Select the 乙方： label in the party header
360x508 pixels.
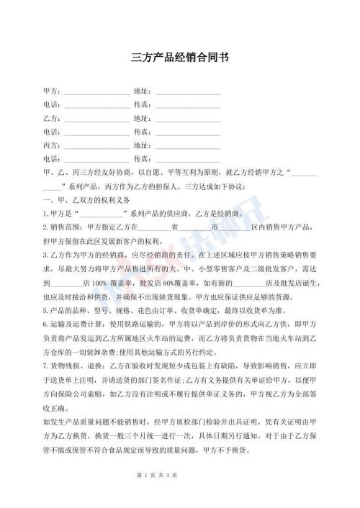53,118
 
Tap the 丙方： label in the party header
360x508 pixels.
53,145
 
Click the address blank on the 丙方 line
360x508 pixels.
188,145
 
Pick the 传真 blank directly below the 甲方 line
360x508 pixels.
188,105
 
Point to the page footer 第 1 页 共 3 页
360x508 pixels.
180,496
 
